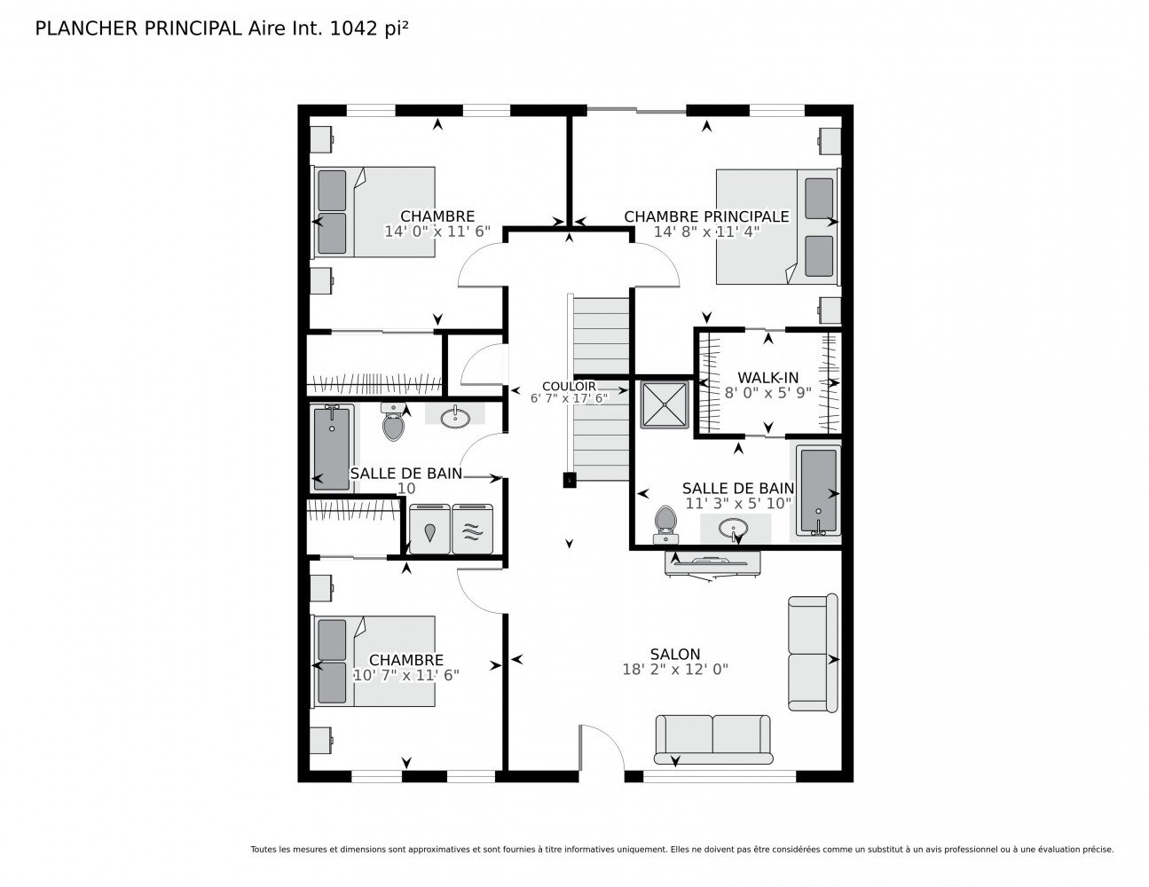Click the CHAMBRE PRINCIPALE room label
pos(706,216)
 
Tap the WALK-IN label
pos(767,378)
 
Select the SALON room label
pos(675,655)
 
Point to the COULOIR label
pos(569,387)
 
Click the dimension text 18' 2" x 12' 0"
pos(675,670)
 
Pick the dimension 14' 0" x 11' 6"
pos(437,232)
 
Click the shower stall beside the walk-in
pos(665,404)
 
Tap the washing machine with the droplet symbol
pos(429,530)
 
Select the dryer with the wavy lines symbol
pos(473,530)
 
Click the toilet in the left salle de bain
pos(393,422)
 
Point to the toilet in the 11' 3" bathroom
pos(665,525)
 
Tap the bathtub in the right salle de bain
pos(818,491)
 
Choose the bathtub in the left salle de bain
pos(332,449)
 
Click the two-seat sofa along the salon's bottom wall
pos(712,739)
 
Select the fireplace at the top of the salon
pos(712,564)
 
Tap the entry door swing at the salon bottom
pos(602,748)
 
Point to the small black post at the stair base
pos(569,480)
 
